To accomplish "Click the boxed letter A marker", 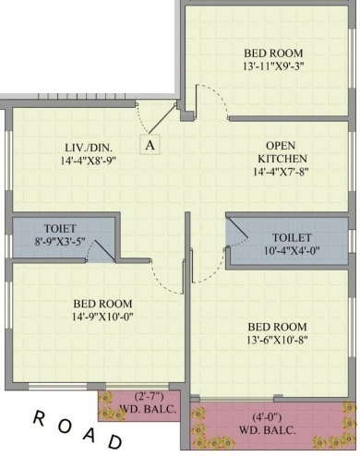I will [x=150, y=143].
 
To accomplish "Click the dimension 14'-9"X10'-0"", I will [x=101, y=318].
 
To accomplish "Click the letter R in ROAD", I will [x=41, y=417].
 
